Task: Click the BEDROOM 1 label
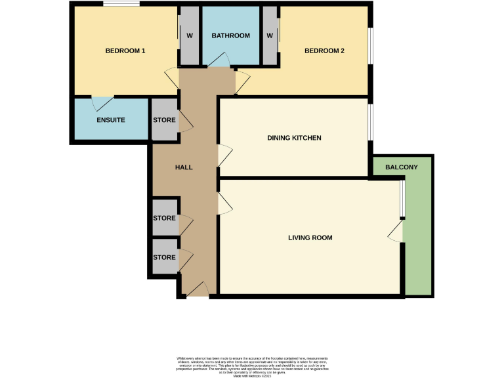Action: (x=125, y=51)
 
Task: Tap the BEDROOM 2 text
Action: (x=324, y=51)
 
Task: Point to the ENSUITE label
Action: (x=110, y=120)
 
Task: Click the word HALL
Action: (x=184, y=167)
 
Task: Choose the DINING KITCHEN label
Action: (x=294, y=138)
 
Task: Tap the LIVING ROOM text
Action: (x=310, y=238)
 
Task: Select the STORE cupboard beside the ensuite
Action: (x=163, y=120)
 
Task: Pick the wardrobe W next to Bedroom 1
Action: (x=189, y=35)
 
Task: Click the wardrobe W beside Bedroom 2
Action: (x=270, y=35)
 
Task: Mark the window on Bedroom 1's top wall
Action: (x=121, y=5)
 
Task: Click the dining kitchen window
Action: (x=369, y=122)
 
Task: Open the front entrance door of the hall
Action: (x=198, y=289)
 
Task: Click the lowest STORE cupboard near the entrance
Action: (x=163, y=258)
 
